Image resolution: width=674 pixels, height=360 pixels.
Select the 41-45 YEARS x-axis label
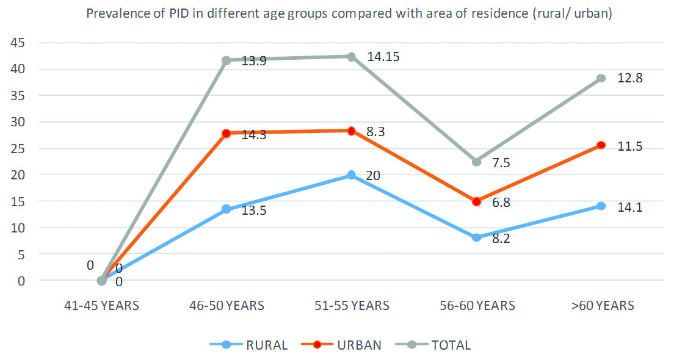coord(101,305)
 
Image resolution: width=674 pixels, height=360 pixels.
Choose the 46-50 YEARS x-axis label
coord(226,305)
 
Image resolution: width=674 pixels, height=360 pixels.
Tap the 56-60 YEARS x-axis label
coord(476,305)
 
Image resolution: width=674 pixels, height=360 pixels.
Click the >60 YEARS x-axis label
coord(602,305)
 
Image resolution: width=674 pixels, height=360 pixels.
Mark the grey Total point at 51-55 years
coord(351,57)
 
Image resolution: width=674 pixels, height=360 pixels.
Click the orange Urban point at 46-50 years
coord(226,133)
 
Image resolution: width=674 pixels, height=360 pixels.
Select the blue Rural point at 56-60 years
coord(476,237)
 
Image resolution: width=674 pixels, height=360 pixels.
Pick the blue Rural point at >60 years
coord(601,206)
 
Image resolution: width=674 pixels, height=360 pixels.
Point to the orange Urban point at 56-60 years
coord(476,201)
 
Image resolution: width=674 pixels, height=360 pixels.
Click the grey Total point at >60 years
coord(601,78)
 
